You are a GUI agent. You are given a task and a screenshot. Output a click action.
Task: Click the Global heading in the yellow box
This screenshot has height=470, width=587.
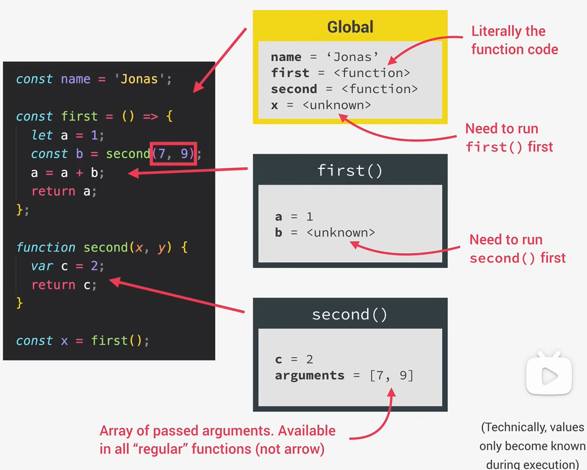click(350, 27)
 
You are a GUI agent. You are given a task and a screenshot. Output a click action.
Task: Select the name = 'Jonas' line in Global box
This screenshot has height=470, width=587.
click(324, 57)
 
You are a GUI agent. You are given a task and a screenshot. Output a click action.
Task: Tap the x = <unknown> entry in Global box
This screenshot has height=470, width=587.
click(321, 105)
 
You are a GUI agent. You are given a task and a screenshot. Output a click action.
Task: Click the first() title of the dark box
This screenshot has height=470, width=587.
click(350, 171)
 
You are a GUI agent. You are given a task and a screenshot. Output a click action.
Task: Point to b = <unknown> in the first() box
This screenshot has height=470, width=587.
click(324, 233)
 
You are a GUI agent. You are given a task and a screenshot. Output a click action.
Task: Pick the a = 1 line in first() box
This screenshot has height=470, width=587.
click(294, 217)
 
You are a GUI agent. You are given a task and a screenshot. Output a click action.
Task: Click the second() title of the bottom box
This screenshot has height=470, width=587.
click(350, 315)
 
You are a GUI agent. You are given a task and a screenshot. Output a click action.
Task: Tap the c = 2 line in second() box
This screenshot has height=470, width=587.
click(294, 360)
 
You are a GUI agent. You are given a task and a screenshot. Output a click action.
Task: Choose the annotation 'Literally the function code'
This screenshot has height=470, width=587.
click(514, 40)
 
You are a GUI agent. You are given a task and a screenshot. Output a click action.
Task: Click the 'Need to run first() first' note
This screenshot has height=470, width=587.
click(508, 138)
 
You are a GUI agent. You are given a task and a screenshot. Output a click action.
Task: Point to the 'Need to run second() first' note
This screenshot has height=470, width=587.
click(517, 249)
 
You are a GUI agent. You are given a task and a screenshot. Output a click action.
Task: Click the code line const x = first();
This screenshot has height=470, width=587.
click(82, 341)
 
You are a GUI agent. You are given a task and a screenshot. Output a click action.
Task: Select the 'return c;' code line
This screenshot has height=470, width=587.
click(64, 285)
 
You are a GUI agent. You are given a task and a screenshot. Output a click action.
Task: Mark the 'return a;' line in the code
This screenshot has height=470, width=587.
click(64, 191)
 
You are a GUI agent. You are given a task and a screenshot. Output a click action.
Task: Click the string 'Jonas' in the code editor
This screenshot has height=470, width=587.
click(139, 79)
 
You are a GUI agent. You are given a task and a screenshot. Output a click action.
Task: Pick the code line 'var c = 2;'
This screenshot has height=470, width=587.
click(67, 266)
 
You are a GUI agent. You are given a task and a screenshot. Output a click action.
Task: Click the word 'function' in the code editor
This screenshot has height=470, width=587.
click(46, 247)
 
